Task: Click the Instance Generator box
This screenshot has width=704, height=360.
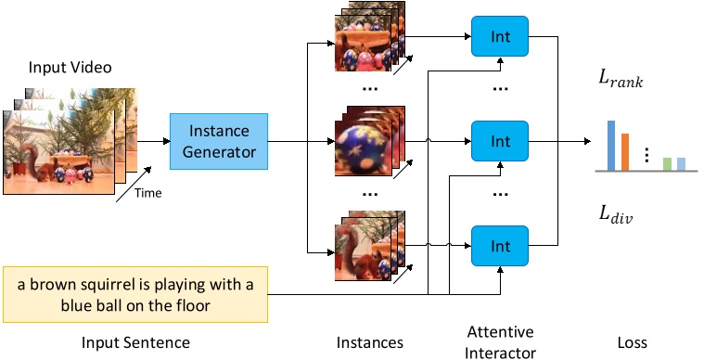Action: click(x=218, y=141)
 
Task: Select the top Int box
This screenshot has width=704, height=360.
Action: click(x=500, y=38)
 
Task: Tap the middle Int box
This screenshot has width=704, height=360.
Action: click(x=500, y=142)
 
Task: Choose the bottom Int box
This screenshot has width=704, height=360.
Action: click(x=500, y=247)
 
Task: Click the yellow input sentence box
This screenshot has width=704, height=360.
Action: click(x=135, y=294)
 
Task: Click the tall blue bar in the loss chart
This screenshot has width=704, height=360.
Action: click(x=611, y=146)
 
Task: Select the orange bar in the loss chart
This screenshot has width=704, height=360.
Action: click(x=625, y=152)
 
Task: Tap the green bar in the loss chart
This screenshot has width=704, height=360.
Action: click(x=667, y=164)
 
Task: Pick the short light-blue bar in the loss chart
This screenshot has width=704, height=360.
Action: click(x=681, y=164)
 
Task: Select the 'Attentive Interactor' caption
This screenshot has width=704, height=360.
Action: click(x=500, y=342)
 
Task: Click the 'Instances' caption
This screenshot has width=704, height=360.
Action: click(x=369, y=342)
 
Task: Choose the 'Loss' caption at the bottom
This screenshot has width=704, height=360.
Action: click(x=632, y=342)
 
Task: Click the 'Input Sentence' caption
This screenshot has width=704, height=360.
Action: click(x=135, y=342)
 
